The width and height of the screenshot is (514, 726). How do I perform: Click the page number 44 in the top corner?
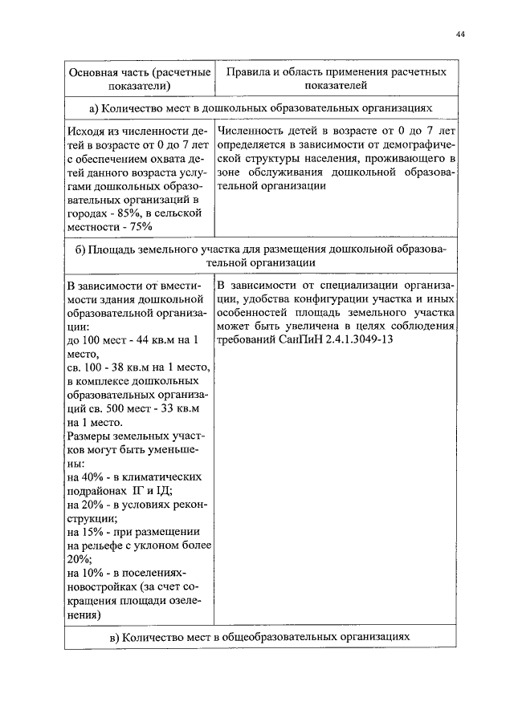point(459,34)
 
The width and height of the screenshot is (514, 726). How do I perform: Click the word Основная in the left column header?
point(92,71)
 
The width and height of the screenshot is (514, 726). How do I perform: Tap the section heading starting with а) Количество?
point(261,107)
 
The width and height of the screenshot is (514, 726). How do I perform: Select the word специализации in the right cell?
point(357,284)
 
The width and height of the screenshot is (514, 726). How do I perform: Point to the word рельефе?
point(104,546)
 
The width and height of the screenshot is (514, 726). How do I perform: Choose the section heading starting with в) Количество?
point(261,636)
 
